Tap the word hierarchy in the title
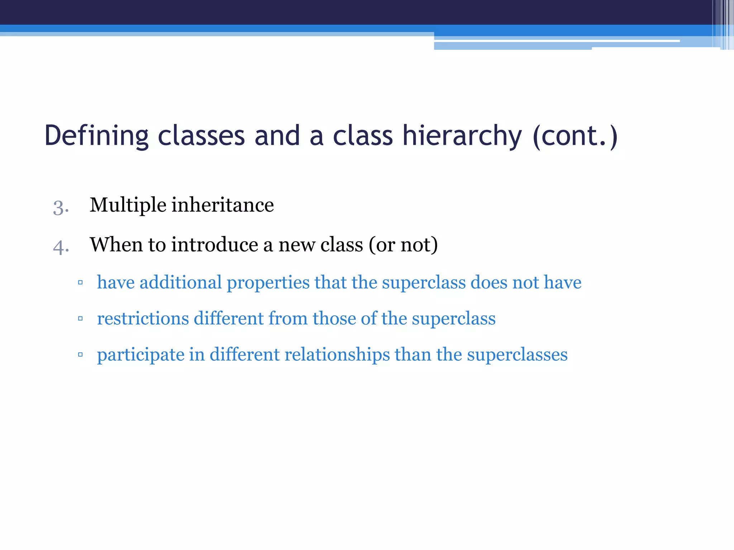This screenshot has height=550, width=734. point(462,136)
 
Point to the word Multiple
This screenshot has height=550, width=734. point(128,205)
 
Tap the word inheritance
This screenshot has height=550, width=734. point(223,205)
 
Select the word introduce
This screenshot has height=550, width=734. point(214,245)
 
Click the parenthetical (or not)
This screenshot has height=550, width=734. point(403,245)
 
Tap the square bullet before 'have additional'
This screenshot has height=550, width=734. point(80,283)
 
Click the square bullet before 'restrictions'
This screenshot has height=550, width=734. point(80,318)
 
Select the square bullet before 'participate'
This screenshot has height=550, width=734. point(80,354)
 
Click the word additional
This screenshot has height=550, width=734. point(181,283)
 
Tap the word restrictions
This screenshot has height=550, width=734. point(143,318)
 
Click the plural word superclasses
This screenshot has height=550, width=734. point(517,354)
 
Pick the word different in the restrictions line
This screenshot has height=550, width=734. point(229,318)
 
